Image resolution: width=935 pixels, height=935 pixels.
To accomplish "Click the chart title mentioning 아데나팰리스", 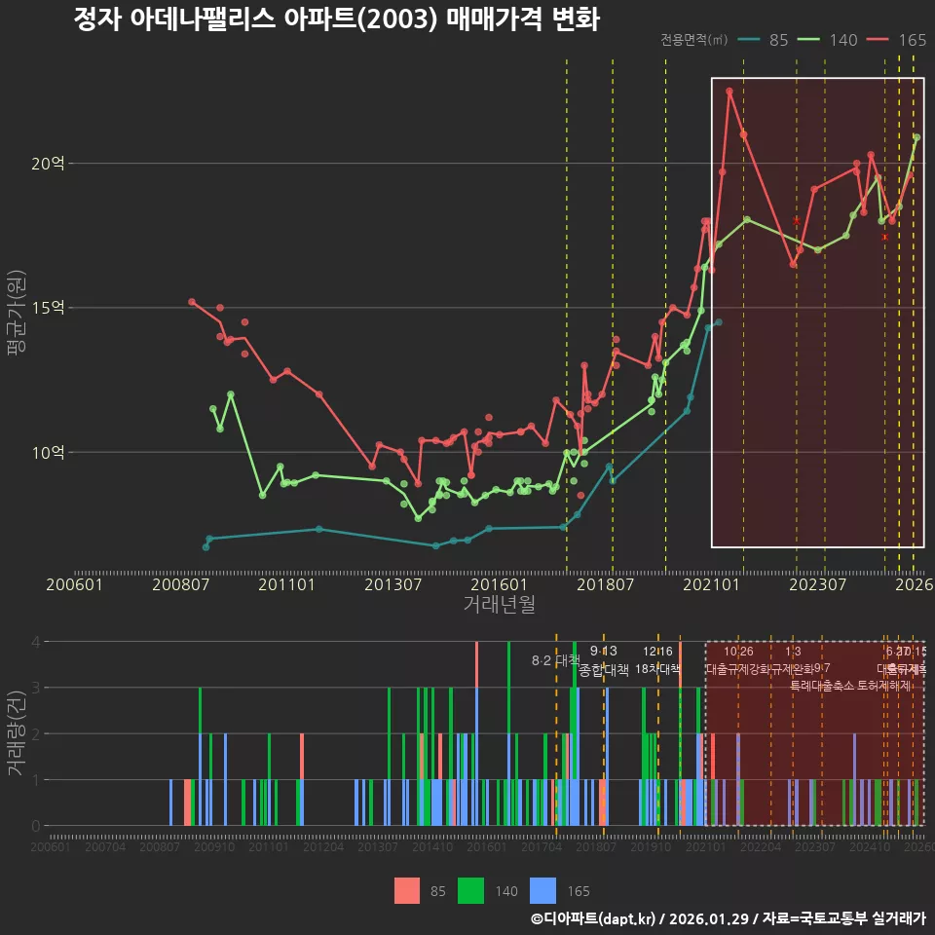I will point(336,19).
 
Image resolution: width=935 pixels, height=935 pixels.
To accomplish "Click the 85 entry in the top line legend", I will point(778,40).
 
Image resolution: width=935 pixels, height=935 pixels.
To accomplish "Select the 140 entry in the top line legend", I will point(842,40).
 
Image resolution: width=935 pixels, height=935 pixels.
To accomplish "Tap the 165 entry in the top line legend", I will point(912,40).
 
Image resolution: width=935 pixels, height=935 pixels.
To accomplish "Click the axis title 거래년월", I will point(499,605).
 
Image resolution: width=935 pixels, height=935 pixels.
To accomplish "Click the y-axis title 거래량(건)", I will point(16,734).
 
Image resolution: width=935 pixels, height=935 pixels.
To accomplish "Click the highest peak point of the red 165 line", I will point(729,92).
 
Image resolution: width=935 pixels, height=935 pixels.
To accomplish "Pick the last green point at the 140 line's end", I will point(916,137).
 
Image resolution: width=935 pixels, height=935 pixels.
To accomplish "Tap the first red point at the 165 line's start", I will point(192,302).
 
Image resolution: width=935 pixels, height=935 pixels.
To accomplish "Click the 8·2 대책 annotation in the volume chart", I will point(555,660).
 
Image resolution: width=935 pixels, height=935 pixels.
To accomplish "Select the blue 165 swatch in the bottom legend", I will point(542,890).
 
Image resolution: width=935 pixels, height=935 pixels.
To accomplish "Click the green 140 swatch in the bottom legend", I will point(472,890).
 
